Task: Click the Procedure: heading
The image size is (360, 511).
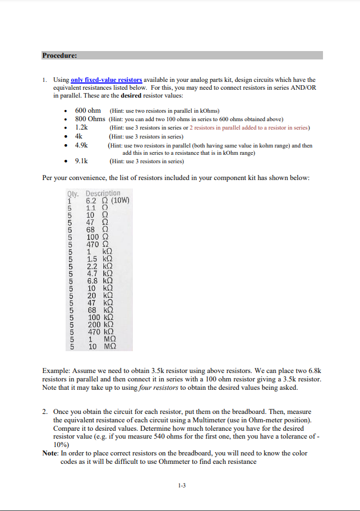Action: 59,56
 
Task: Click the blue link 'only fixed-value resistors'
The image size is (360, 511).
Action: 107,80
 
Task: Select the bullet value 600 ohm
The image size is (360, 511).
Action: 87,111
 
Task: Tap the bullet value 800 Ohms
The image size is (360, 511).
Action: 90,119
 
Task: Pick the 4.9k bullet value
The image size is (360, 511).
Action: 82,145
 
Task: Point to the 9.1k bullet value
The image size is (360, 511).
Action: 82,161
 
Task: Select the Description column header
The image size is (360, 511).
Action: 103,194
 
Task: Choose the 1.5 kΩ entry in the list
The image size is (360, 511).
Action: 100,259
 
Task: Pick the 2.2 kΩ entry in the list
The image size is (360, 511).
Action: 100,266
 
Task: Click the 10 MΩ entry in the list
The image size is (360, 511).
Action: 101,347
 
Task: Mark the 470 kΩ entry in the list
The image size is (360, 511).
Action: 101,332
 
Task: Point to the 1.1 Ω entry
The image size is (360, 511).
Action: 96,208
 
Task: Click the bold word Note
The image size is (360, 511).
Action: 50,453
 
